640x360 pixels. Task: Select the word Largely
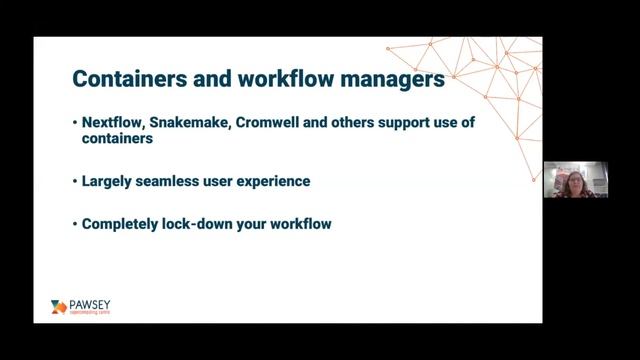pyautogui.click(x=105, y=182)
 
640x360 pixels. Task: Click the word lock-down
pyautogui.click(x=196, y=224)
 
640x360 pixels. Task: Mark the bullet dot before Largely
pyautogui.click(x=75, y=182)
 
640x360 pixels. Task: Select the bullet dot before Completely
pyautogui.click(x=75, y=224)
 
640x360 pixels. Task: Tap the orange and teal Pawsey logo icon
pyautogui.click(x=58, y=307)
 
